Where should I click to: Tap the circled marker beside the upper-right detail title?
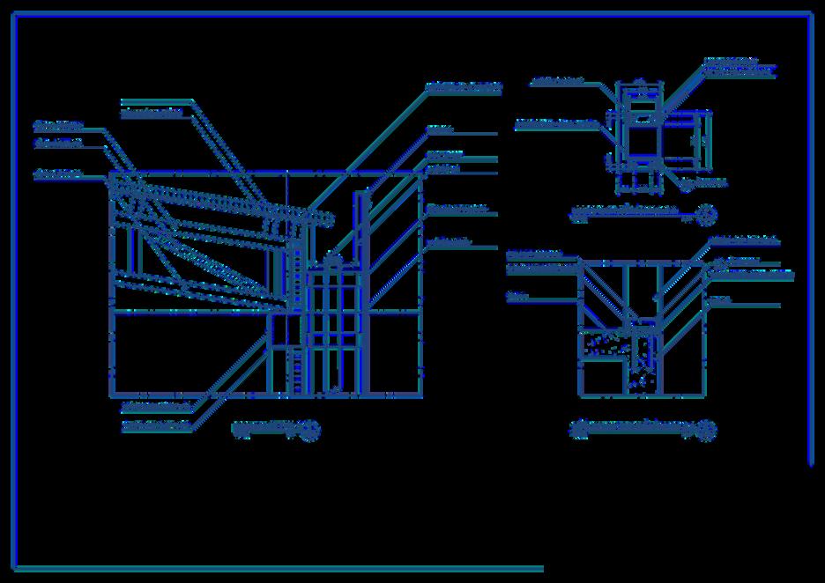click(x=706, y=213)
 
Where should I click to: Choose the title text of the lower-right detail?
click(x=629, y=429)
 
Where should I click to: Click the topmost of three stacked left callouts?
click(x=57, y=124)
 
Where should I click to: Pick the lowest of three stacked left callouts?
click(x=57, y=174)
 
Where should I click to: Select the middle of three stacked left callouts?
click(x=57, y=142)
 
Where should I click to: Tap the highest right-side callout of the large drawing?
click(x=464, y=87)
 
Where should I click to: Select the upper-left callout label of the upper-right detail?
click(x=557, y=82)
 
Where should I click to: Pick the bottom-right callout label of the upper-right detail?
click(x=710, y=183)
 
